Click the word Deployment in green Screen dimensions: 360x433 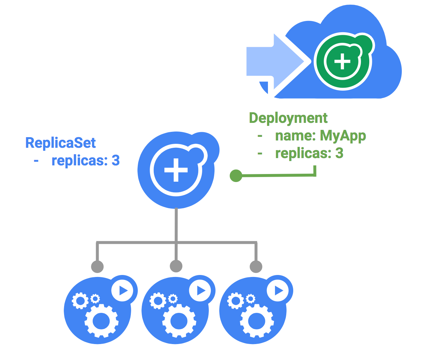288,118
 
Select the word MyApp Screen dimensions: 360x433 343,135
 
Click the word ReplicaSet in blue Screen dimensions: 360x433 60,143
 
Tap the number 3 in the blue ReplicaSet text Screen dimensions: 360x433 116,161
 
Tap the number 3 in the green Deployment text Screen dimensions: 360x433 339,153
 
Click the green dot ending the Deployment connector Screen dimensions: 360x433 236,176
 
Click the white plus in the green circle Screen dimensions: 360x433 342,62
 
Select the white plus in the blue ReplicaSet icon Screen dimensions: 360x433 176,170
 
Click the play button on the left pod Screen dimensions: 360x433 123,291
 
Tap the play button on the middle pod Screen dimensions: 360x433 201,291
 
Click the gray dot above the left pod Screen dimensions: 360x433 97,266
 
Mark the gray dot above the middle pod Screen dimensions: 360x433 176,266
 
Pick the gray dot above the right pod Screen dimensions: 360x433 256,266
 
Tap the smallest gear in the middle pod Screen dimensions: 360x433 173,299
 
